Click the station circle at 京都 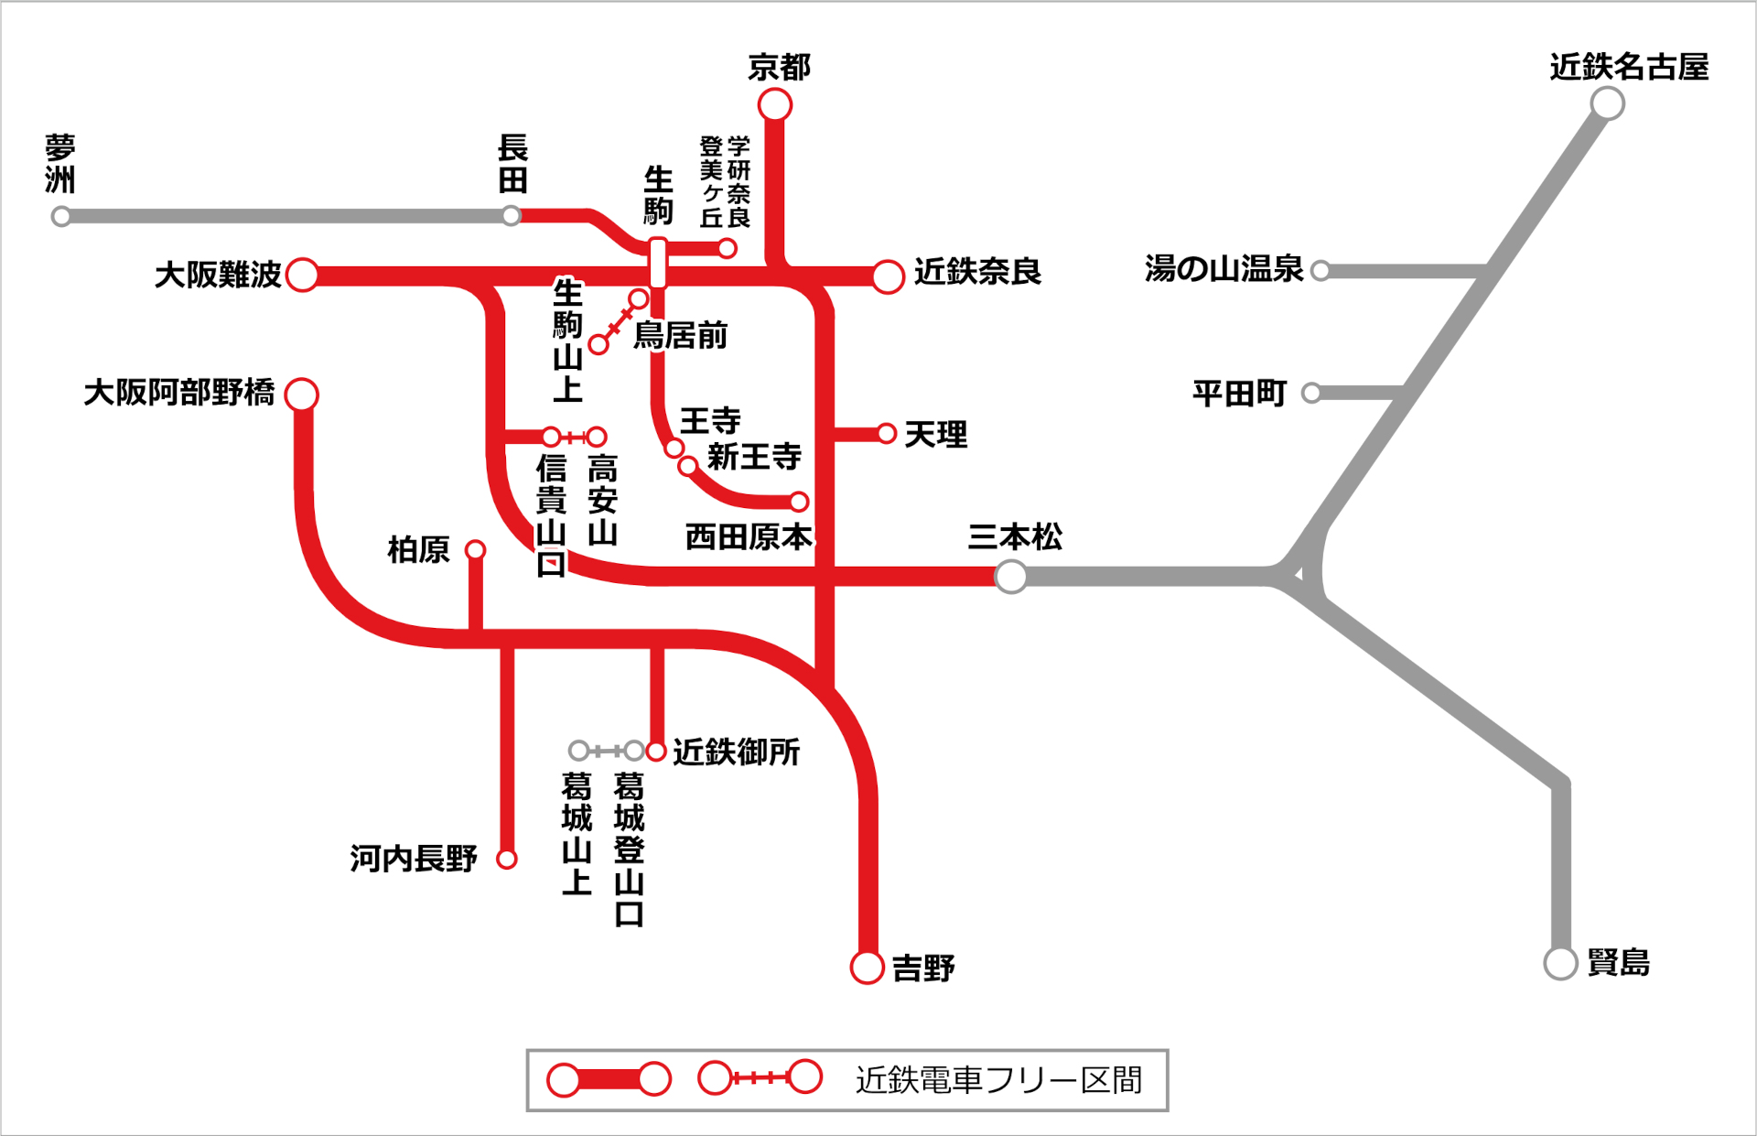tap(774, 105)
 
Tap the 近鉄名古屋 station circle tap(1607, 103)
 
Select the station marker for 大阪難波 tap(302, 274)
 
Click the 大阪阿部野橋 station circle tap(301, 395)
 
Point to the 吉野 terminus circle tap(867, 967)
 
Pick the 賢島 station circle tap(1560, 963)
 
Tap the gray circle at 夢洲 tap(61, 217)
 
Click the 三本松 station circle tap(1010, 577)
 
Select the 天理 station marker tap(886, 433)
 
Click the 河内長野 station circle tap(507, 859)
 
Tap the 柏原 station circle tap(475, 549)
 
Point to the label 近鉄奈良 tap(977, 272)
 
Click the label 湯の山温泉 tap(1223, 269)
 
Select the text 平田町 tap(1239, 394)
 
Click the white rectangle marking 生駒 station tap(657, 263)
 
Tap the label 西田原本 tap(749, 537)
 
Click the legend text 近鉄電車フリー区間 tap(998, 1080)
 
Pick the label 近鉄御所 tap(736, 752)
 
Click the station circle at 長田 tap(512, 216)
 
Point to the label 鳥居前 tap(680, 336)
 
